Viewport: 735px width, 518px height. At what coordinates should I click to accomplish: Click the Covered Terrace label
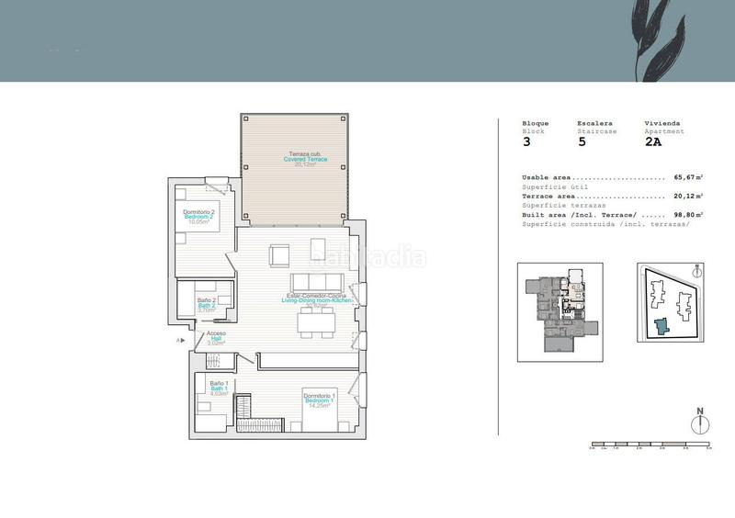click(x=305, y=160)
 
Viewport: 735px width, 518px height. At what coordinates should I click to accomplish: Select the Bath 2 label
click(x=207, y=305)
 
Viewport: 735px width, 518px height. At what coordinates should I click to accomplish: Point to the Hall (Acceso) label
click(x=216, y=338)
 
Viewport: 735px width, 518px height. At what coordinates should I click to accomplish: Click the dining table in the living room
click(x=317, y=321)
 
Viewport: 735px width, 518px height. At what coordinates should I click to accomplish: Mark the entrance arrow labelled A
click(x=182, y=341)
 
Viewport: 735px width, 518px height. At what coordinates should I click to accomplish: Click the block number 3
click(x=526, y=141)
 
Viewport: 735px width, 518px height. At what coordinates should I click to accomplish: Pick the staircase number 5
click(x=581, y=141)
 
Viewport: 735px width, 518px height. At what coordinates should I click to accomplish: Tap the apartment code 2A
click(x=652, y=141)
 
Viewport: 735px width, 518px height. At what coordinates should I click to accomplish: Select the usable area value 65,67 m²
click(x=688, y=177)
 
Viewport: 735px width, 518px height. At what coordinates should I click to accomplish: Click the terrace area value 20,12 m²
click(x=688, y=196)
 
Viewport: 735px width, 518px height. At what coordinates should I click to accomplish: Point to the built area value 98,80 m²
click(x=688, y=214)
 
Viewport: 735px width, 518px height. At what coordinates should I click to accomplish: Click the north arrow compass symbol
click(x=699, y=423)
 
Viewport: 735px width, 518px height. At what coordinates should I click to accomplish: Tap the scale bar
click(x=650, y=445)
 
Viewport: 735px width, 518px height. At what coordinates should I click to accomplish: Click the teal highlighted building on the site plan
click(x=662, y=327)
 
